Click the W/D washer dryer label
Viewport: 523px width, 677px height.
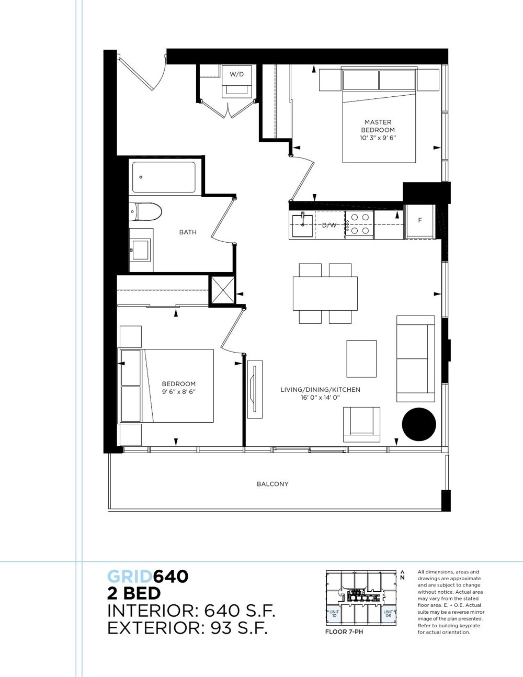(x=236, y=74)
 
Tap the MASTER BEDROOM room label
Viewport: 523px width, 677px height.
(x=378, y=126)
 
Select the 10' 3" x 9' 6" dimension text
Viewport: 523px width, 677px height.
(x=378, y=138)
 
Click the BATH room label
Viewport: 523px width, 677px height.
(x=188, y=232)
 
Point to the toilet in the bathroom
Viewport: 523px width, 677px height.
(x=145, y=212)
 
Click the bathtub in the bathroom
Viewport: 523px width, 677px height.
(x=164, y=177)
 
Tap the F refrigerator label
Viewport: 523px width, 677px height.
(x=420, y=220)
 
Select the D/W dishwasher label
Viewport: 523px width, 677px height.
(x=329, y=225)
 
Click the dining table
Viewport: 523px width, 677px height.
(x=325, y=293)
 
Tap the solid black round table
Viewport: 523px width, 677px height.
(x=419, y=424)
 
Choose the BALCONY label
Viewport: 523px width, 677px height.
(x=272, y=484)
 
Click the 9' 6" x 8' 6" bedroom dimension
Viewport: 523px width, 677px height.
(x=179, y=392)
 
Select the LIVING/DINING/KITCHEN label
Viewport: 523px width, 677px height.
(x=320, y=389)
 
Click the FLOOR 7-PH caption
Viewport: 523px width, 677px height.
(x=344, y=632)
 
